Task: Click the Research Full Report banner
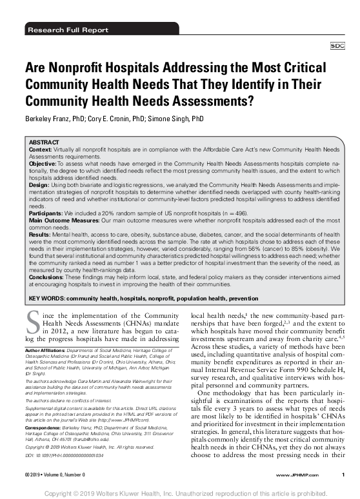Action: pyautogui.click(x=59, y=30)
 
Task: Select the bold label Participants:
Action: pyautogui.click(x=46, y=211)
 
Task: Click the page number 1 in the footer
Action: pyautogui.click(x=343, y=474)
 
